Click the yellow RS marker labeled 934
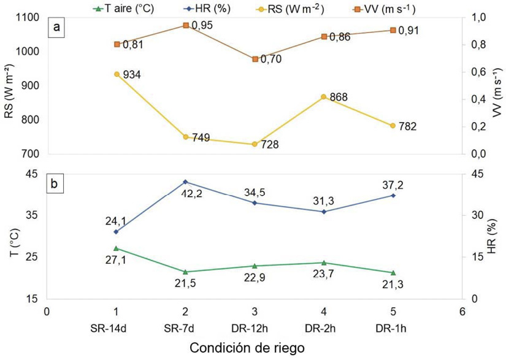(x=117, y=74)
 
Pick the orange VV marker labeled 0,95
(x=186, y=25)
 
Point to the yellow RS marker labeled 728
(x=255, y=144)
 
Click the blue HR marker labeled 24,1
(x=117, y=231)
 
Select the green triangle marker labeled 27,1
(x=117, y=248)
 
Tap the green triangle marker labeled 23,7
(x=324, y=262)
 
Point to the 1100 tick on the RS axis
(x=29, y=18)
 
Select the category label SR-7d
(x=185, y=329)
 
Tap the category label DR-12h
(x=255, y=329)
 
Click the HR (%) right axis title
(x=491, y=236)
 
